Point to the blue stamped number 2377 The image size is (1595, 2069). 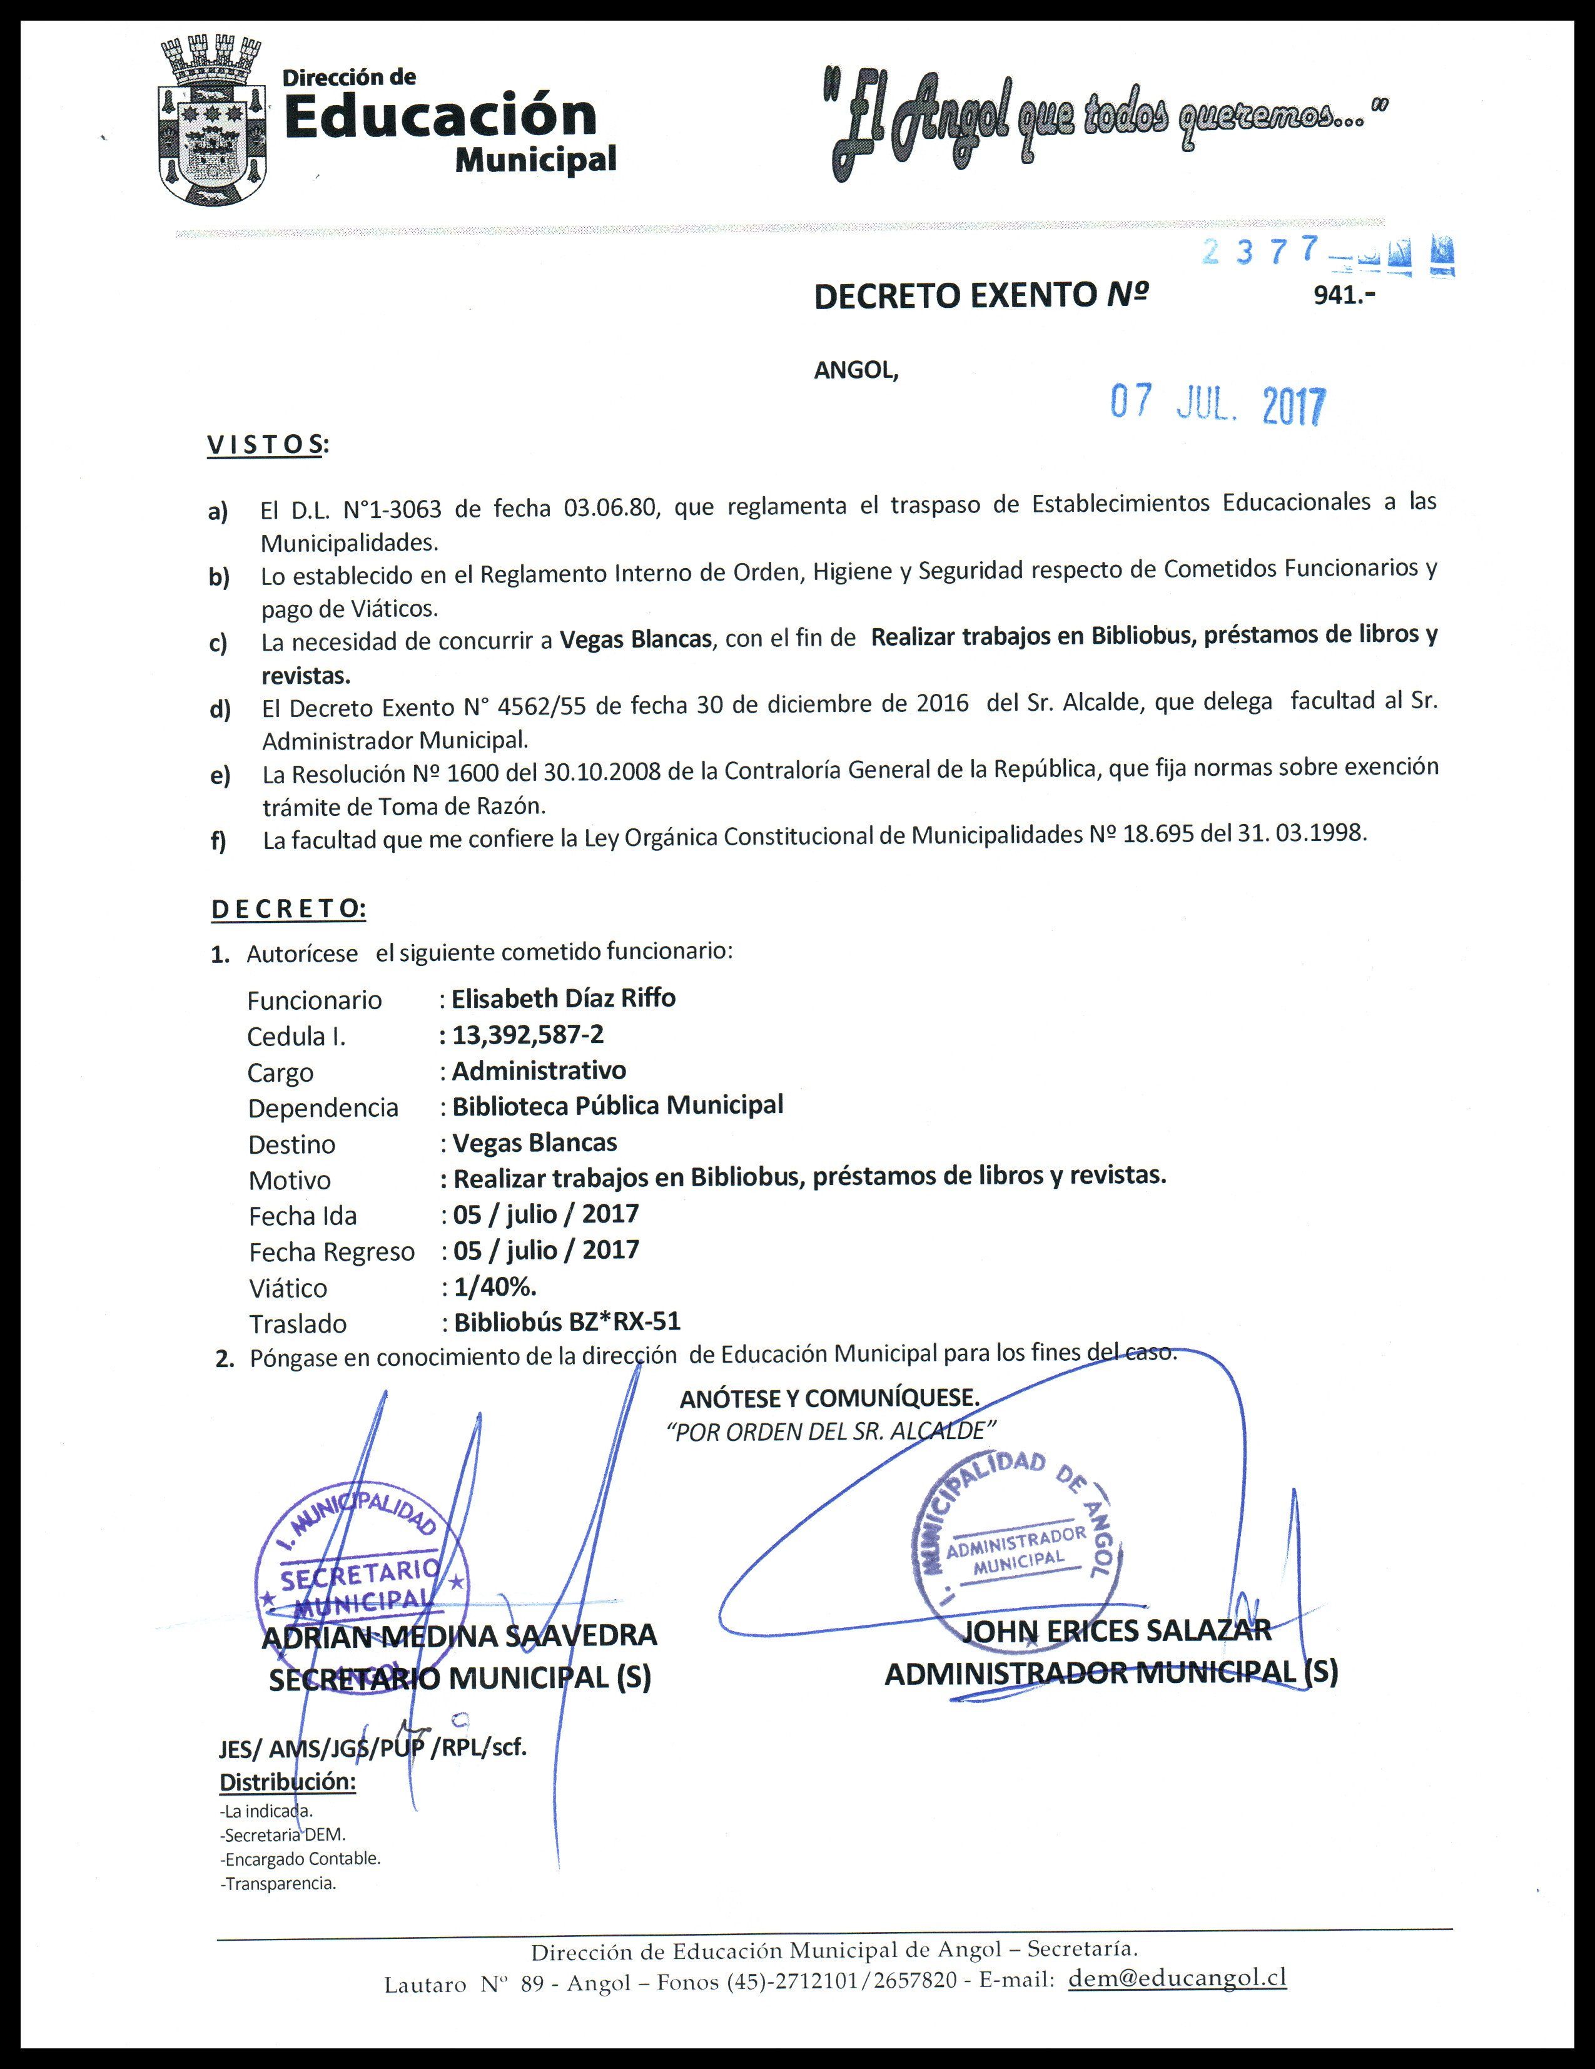[1260, 251]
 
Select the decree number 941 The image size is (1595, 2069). [1343, 295]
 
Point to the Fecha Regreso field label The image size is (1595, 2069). [332, 1253]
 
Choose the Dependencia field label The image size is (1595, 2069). [323, 1109]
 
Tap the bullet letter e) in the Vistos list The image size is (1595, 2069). [220, 776]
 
